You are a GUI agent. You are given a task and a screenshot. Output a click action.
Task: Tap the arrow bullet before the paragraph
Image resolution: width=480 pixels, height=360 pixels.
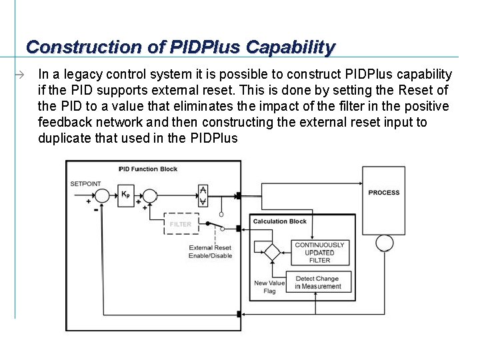tap(21, 75)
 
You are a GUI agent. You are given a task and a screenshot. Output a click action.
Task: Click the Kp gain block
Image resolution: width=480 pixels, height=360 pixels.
tap(125, 195)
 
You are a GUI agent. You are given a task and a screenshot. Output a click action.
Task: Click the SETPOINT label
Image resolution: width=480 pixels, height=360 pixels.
tap(85, 183)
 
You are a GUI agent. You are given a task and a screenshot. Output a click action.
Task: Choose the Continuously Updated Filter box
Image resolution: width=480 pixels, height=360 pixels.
tap(320, 253)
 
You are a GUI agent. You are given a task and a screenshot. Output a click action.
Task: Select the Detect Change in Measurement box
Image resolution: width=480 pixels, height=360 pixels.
tap(317, 283)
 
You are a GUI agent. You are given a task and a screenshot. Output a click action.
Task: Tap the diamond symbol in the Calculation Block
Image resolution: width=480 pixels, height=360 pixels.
tap(271, 252)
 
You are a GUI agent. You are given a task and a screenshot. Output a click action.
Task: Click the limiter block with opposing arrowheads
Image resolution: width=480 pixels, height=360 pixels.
tap(203, 195)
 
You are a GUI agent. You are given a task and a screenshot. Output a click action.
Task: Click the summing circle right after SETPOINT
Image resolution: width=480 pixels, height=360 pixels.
tap(101, 195)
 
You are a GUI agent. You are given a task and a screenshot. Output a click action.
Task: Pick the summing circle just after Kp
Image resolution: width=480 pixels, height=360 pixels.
tap(151, 195)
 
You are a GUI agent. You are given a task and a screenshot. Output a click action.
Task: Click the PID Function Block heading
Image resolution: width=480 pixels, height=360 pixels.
tap(148, 169)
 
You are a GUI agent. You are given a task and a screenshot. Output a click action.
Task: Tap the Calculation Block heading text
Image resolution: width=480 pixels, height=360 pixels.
tap(279, 221)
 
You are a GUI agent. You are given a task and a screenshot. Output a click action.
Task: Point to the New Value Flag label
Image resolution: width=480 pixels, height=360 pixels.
tap(269, 287)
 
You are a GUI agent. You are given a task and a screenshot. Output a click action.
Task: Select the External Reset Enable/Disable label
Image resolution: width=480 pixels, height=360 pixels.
tap(210, 252)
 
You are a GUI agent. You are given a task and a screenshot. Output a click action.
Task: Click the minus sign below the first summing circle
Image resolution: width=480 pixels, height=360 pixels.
tap(96, 209)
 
